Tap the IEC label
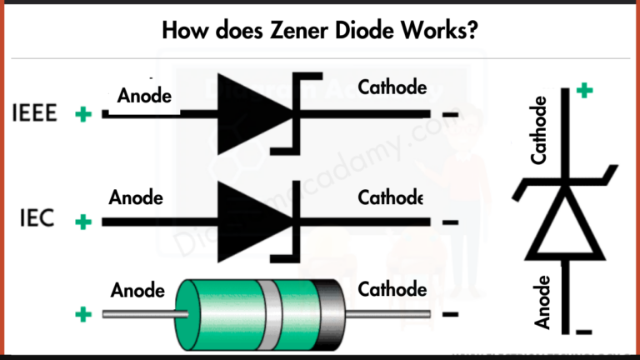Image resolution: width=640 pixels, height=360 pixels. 37,221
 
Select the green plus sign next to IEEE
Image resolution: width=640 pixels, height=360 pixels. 82,114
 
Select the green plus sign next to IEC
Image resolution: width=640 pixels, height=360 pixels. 82,222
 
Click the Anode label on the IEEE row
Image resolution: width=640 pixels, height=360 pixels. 144,97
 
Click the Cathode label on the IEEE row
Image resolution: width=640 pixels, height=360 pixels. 392,87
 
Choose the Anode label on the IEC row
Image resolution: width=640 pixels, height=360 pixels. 136,198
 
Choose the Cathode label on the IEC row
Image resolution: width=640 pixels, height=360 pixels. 391,198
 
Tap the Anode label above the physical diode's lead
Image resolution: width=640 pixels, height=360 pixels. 137,290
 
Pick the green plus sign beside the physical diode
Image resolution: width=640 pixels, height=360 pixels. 82,314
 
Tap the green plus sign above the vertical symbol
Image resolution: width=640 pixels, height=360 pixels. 585,90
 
